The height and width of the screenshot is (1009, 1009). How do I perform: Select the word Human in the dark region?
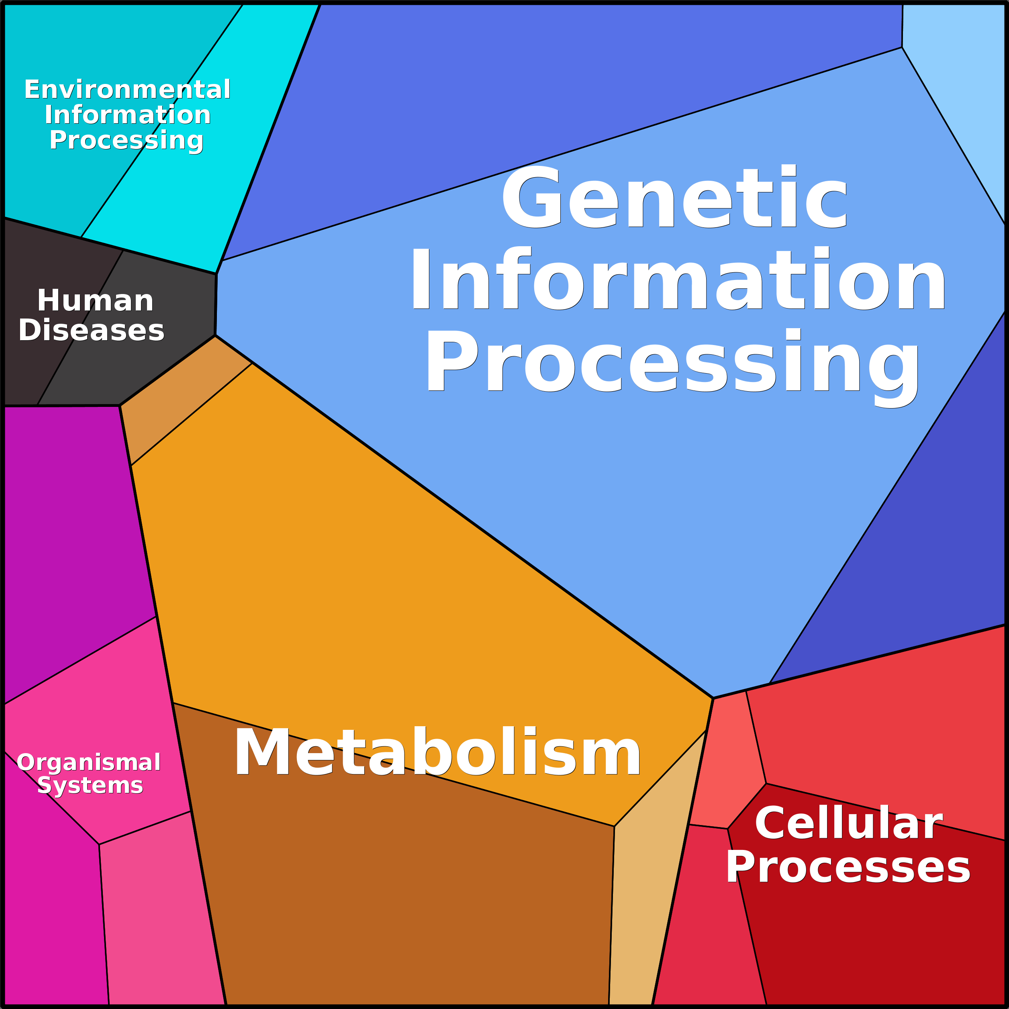coord(95,301)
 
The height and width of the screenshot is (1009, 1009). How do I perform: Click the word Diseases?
coord(92,331)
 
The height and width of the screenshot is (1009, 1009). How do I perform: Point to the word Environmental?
coord(127,90)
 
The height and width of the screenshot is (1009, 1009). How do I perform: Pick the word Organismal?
coord(88,762)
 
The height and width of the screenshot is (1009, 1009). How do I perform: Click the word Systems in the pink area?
coord(90,786)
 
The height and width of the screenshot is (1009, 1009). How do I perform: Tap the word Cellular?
coord(849,823)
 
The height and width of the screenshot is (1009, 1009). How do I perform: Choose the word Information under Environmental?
coord(127,115)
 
